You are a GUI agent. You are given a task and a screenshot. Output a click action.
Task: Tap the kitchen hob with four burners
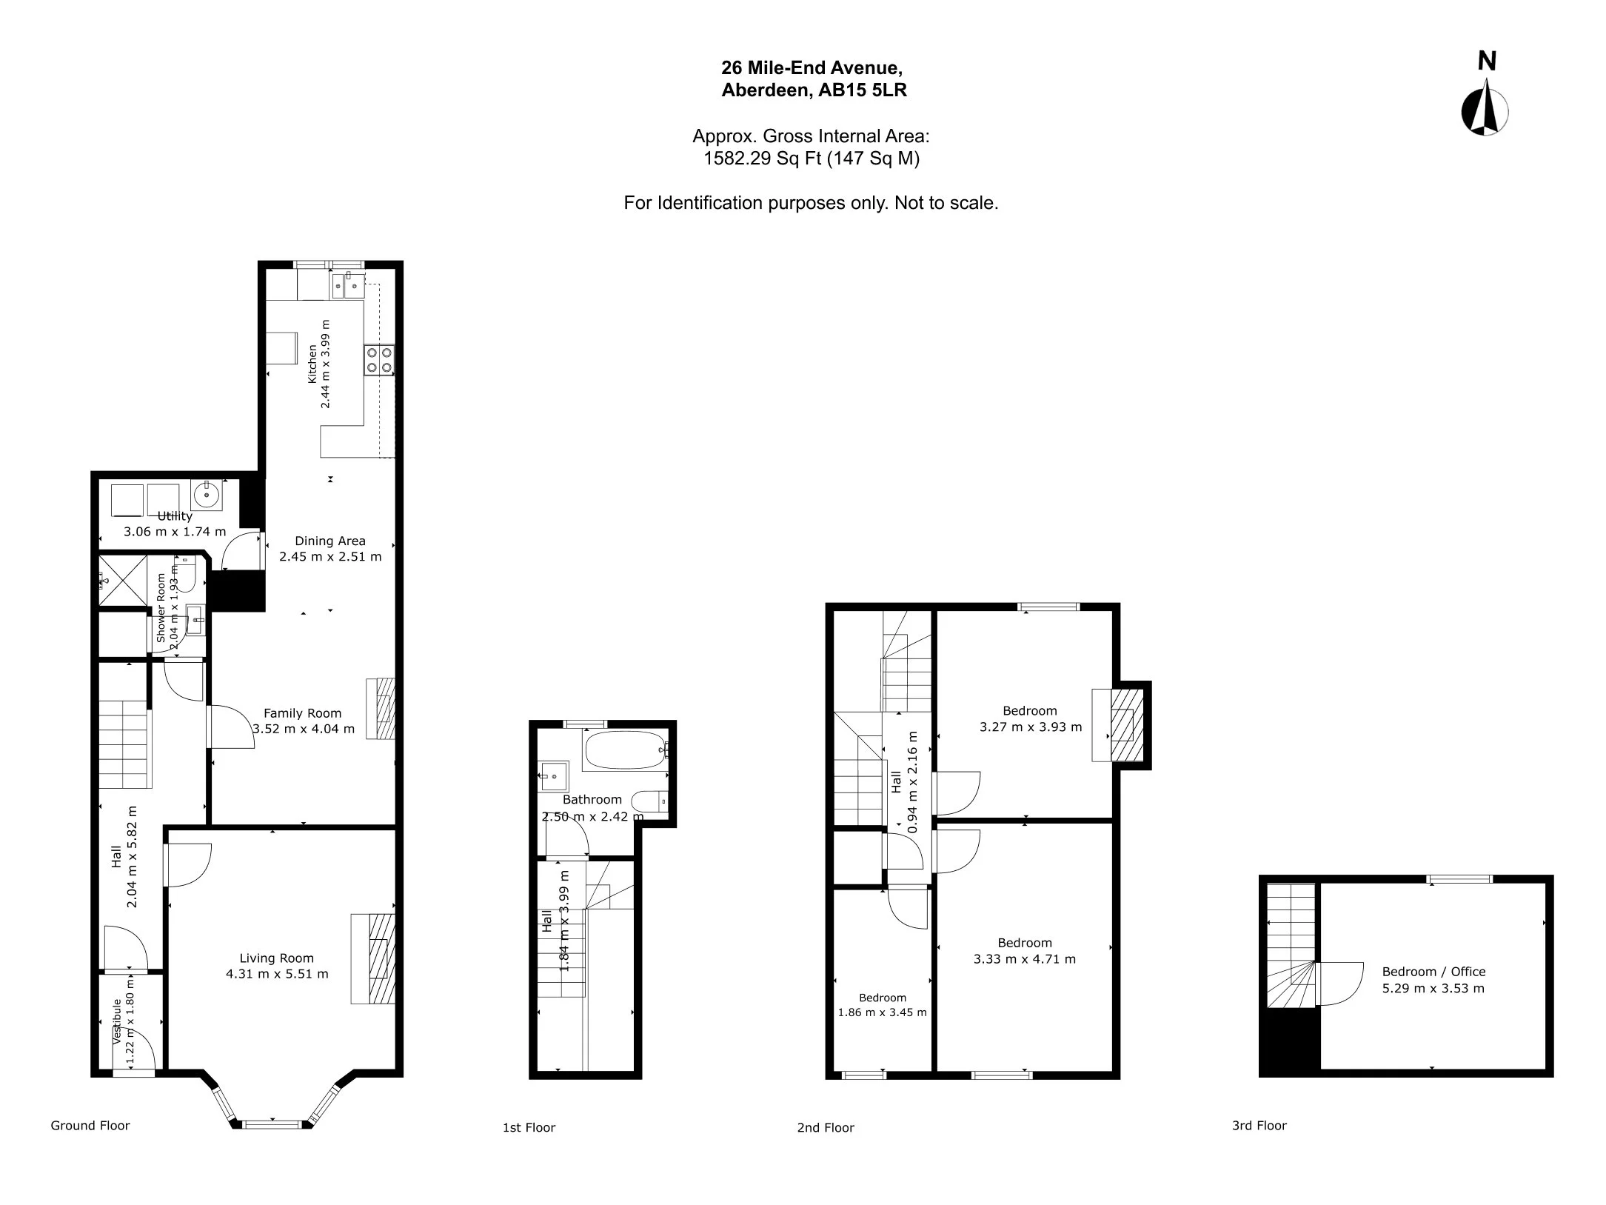pyautogui.click(x=379, y=360)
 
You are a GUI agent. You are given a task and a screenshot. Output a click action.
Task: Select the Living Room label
pyautogui.click(x=276, y=958)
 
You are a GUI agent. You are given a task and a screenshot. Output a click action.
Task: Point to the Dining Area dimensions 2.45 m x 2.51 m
pyautogui.click(x=330, y=557)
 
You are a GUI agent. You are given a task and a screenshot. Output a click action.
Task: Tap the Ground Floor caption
pyautogui.click(x=90, y=1125)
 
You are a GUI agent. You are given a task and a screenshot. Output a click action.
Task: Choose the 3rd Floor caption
pyautogui.click(x=1259, y=1125)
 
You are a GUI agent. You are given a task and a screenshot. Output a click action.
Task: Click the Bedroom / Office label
pyautogui.click(x=1433, y=972)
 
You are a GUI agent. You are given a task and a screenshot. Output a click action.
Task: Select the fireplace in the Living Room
pyautogui.click(x=373, y=959)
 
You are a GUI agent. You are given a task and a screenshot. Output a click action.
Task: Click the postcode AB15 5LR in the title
pyautogui.click(x=863, y=90)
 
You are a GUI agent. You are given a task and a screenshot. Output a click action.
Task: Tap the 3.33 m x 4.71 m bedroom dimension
pyautogui.click(x=1025, y=959)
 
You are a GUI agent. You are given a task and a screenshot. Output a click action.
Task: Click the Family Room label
pyautogui.click(x=302, y=713)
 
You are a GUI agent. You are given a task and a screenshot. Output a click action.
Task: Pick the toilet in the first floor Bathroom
pyautogui.click(x=653, y=801)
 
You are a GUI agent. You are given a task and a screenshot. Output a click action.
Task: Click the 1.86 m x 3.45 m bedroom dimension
pyautogui.click(x=882, y=1012)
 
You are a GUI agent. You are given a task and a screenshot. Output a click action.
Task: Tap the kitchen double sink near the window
pyautogui.click(x=348, y=284)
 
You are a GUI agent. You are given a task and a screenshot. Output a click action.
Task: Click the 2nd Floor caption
pyautogui.click(x=826, y=1127)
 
